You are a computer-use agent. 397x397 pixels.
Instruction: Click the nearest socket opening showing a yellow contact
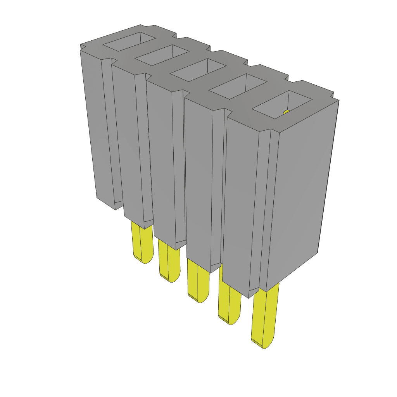click(x=282, y=105)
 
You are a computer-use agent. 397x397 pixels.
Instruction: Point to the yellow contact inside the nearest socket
click(x=287, y=112)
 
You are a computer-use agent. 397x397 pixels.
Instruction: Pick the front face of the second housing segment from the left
click(x=126, y=143)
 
